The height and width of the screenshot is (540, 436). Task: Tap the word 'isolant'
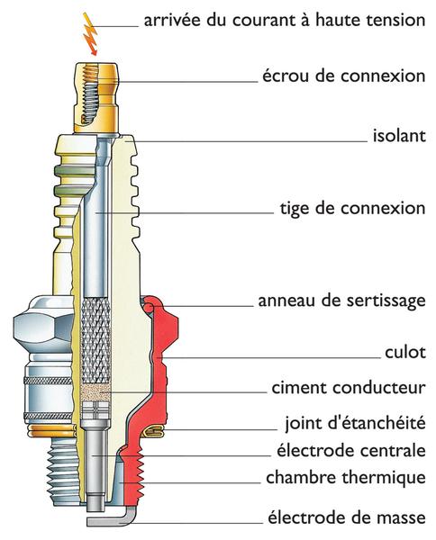(x=398, y=138)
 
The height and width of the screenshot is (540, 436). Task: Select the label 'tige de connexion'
(x=352, y=209)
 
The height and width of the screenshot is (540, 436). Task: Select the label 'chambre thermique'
(x=345, y=477)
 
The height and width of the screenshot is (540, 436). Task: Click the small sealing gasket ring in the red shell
(x=154, y=433)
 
